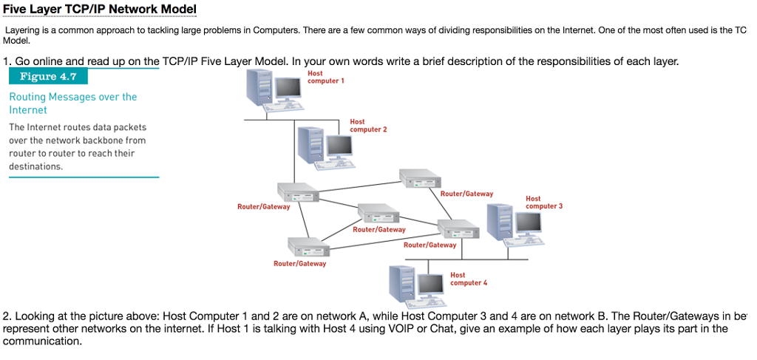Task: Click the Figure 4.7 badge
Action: point(48,77)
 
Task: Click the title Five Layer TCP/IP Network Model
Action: point(100,10)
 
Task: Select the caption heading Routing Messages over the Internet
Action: point(72,103)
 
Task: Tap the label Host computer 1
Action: point(325,77)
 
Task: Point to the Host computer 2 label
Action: point(368,126)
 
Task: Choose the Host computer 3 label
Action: point(543,203)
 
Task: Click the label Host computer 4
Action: point(469,279)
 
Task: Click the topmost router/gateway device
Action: point(419,178)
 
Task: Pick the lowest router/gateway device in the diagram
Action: point(308,246)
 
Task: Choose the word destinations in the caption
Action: point(35,166)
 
